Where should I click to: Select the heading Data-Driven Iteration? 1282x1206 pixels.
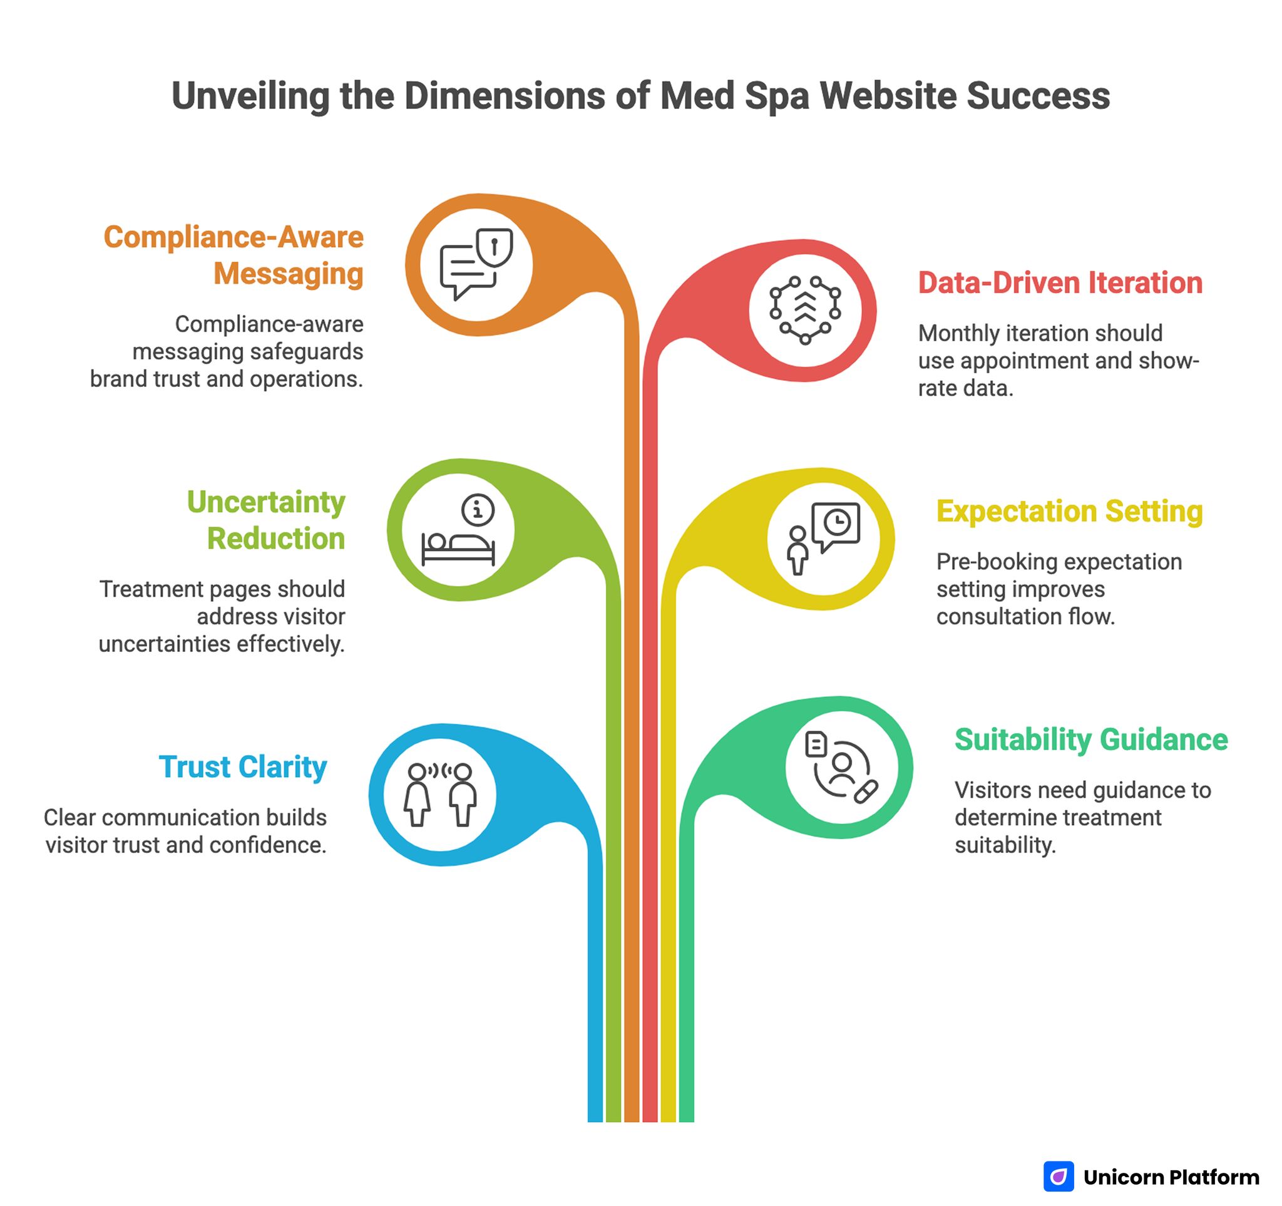coord(1060,283)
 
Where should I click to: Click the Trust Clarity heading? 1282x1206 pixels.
coord(242,767)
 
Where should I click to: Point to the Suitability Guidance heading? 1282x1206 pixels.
coord(1090,740)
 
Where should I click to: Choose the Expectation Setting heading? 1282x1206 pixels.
coord(1069,512)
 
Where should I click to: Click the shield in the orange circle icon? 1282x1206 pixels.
coord(494,247)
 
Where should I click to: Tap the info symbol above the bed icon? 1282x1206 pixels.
coord(478,510)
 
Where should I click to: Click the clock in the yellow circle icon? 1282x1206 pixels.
coord(837,521)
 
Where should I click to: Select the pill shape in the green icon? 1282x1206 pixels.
coord(866,791)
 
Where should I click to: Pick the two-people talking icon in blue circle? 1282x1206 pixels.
coord(440,795)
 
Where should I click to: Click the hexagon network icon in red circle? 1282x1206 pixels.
coord(805,310)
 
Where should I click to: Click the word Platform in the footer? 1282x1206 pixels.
coord(1214,1177)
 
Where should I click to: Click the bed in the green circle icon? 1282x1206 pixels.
coord(458,548)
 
